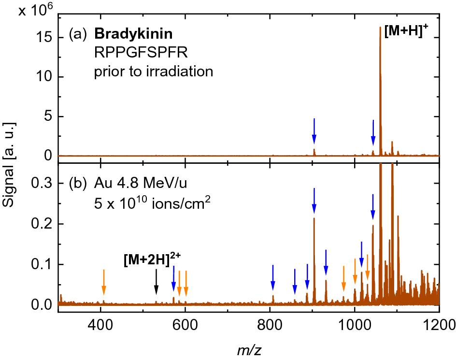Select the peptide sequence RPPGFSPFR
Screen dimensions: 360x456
[126, 53]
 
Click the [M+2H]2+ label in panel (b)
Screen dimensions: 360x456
[152, 260]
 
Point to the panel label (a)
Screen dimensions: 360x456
[78, 34]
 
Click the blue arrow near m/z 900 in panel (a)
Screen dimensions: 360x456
[314, 131]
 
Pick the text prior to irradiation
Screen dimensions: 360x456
[153, 72]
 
